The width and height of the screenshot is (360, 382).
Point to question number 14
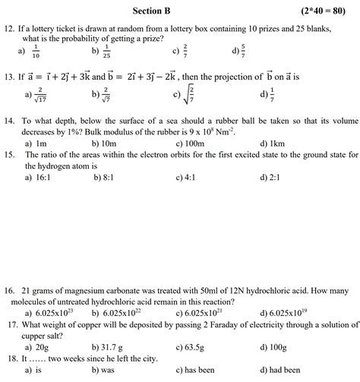tap(10, 121)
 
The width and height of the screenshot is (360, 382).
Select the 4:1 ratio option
tap(190, 176)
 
